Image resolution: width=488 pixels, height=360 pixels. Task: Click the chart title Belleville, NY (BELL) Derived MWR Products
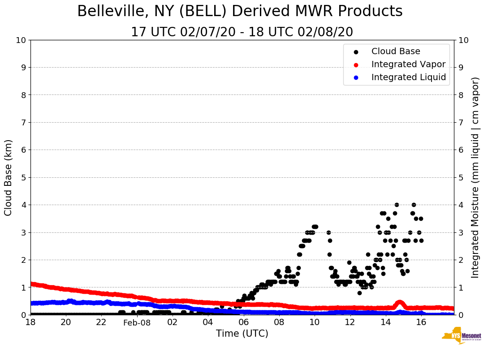pyautogui.click(x=240, y=12)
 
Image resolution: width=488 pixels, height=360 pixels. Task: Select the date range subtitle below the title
pyautogui.click(x=242, y=32)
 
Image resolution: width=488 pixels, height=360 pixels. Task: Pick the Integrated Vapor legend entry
pyautogui.click(x=408, y=64)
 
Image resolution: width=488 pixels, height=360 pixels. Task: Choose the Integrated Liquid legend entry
pyautogui.click(x=408, y=77)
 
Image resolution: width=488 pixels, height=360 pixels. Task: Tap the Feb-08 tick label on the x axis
pyautogui.click(x=137, y=322)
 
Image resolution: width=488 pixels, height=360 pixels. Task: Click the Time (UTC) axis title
pyautogui.click(x=242, y=334)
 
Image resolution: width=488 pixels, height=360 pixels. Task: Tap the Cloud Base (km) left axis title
pyautogui.click(x=9, y=177)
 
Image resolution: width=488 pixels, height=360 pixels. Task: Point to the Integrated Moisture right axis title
pyautogui.click(x=475, y=177)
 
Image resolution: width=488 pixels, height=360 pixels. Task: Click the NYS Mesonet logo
pyautogui.click(x=462, y=337)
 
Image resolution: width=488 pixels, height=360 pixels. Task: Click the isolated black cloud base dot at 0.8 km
pyautogui.click(x=359, y=293)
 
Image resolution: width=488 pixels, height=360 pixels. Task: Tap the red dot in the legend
pyautogui.click(x=356, y=64)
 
